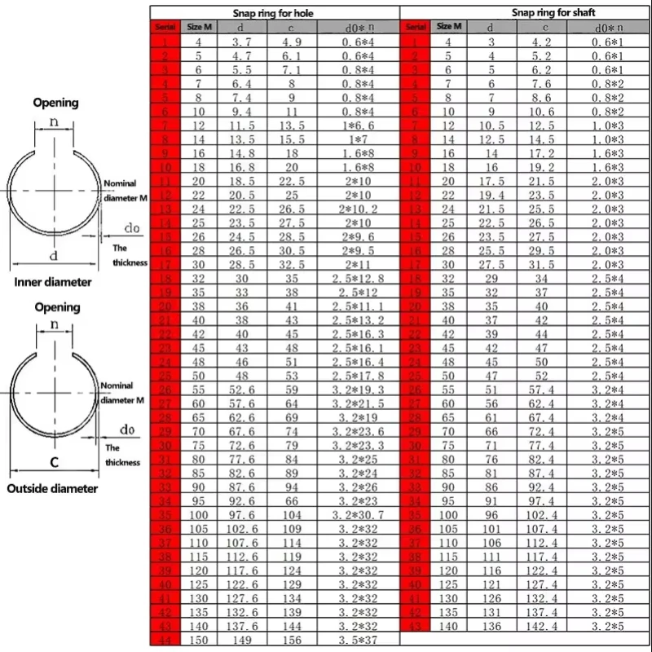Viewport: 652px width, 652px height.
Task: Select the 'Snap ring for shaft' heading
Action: (544, 13)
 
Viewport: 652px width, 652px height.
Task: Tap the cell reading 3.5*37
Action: (359, 641)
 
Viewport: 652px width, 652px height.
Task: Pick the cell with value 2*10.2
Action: (359, 209)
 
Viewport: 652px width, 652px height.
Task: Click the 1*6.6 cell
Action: (359, 126)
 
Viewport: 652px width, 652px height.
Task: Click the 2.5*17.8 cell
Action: (359, 377)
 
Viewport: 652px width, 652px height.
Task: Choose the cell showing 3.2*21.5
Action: (359, 404)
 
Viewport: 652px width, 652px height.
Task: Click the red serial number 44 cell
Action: (165, 641)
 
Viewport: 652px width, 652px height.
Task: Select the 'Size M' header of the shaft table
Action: (448, 27)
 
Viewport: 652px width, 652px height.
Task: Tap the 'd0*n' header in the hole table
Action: (359, 28)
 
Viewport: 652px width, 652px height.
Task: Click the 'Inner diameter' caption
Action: (53, 282)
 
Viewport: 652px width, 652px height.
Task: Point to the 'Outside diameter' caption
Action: (53, 489)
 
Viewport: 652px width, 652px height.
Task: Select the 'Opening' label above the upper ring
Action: (55, 103)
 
